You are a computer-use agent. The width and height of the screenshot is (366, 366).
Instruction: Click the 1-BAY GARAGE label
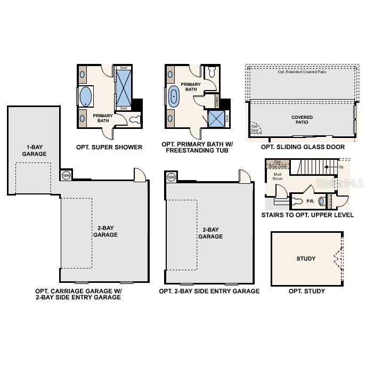tap(34, 150)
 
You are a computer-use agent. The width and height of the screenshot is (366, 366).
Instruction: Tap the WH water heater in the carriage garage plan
tap(66, 175)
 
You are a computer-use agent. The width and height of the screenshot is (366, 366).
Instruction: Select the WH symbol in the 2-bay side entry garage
tap(171, 177)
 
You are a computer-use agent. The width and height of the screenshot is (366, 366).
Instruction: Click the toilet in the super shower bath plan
tap(135, 119)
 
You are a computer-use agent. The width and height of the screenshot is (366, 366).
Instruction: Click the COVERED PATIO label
tap(302, 120)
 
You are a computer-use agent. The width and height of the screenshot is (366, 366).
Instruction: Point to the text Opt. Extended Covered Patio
tap(302, 72)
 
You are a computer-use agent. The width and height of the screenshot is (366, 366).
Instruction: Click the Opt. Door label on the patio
tap(255, 128)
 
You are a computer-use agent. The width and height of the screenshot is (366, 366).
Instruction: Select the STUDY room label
tap(306, 259)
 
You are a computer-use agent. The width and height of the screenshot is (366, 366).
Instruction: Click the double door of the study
tap(338, 259)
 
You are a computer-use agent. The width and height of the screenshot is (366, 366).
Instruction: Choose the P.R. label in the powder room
tap(310, 201)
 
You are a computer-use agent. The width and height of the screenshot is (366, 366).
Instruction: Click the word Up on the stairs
tap(341, 167)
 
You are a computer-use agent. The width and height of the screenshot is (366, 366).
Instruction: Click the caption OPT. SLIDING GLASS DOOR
tap(303, 147)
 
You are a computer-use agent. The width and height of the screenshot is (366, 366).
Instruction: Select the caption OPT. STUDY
tap(306, 291)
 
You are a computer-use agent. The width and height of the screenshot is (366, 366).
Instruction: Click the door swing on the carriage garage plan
tap(140, 174)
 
